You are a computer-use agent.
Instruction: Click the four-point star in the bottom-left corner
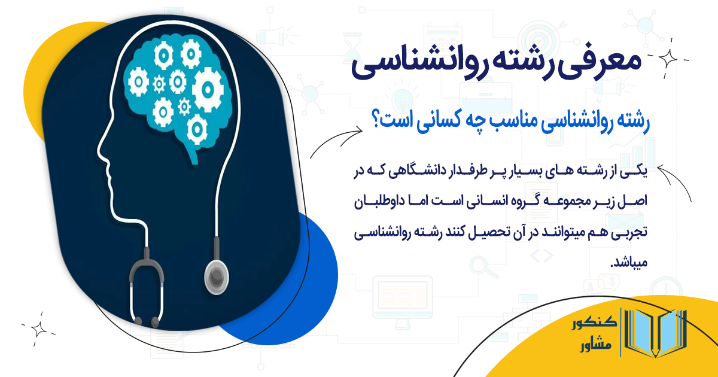(39, 329)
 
